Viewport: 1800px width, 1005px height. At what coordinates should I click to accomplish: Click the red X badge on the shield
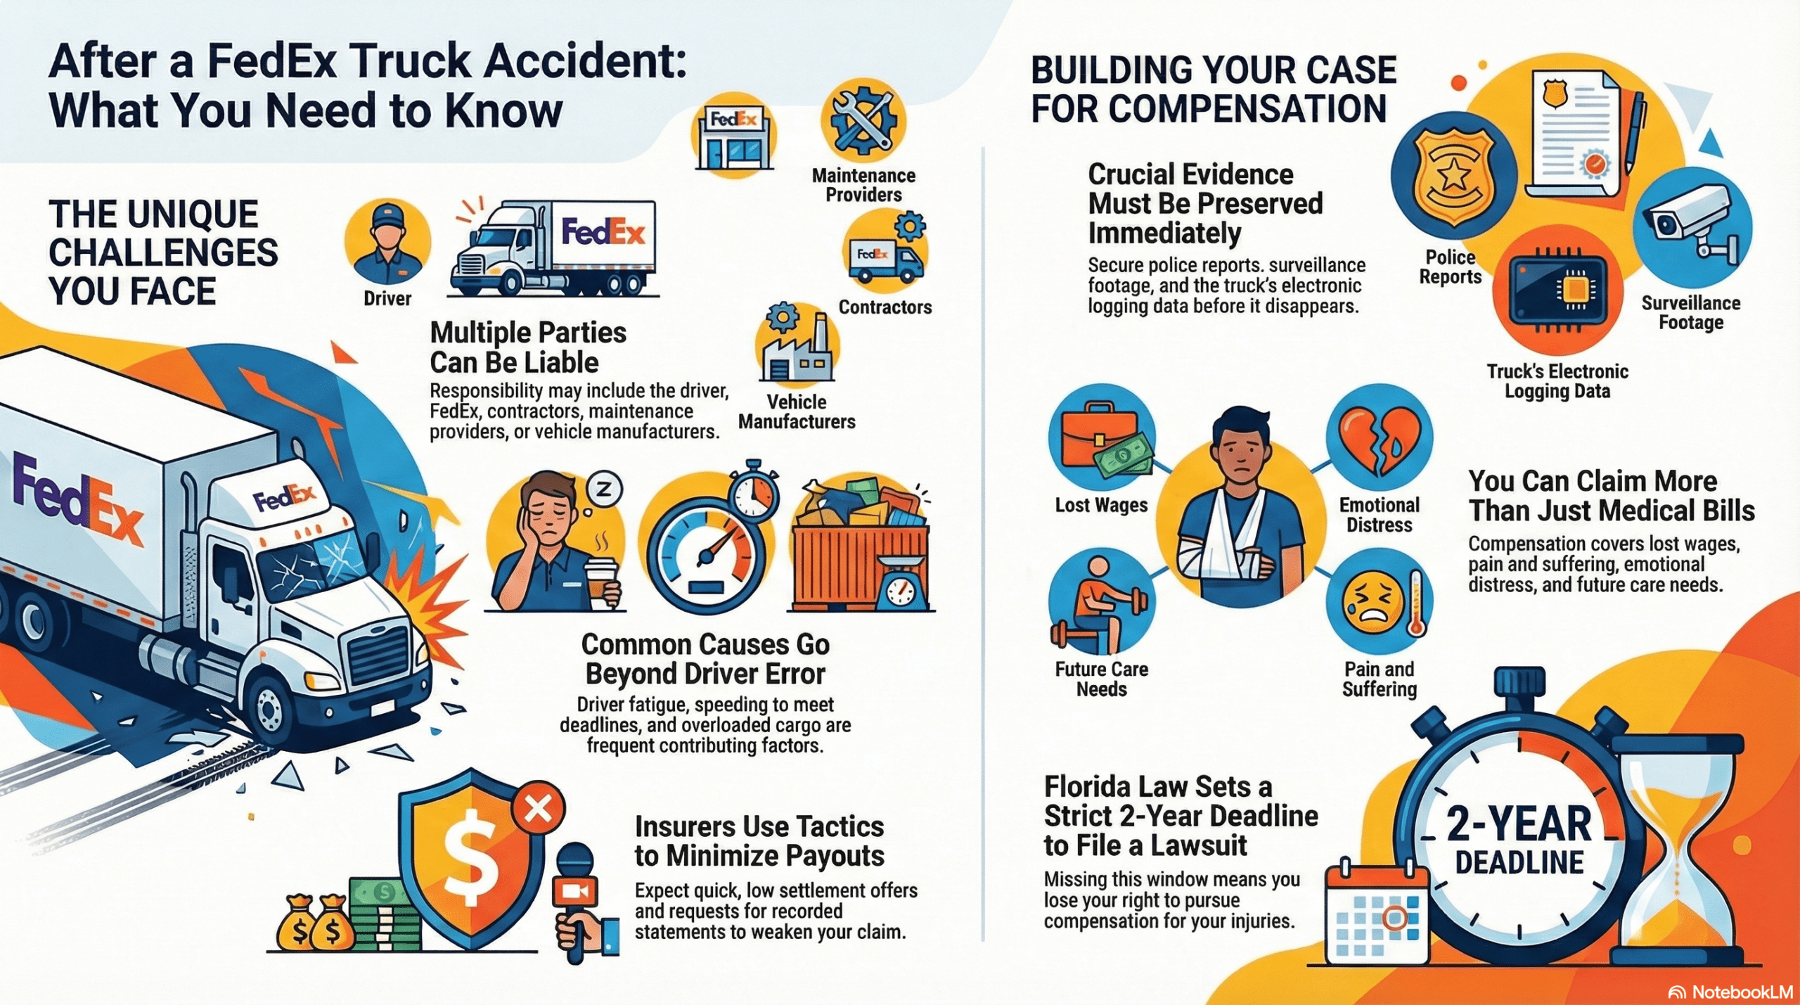[539, 809]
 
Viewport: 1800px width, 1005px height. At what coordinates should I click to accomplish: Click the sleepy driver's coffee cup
[601, 580]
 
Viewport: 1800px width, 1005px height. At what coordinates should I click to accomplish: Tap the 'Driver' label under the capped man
[387, 298]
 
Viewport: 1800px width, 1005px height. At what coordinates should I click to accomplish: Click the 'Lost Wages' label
[1100, 505]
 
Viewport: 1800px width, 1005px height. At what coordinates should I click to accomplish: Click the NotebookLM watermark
[1730, 992]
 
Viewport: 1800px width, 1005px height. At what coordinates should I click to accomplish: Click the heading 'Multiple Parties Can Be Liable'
[527, 347]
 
